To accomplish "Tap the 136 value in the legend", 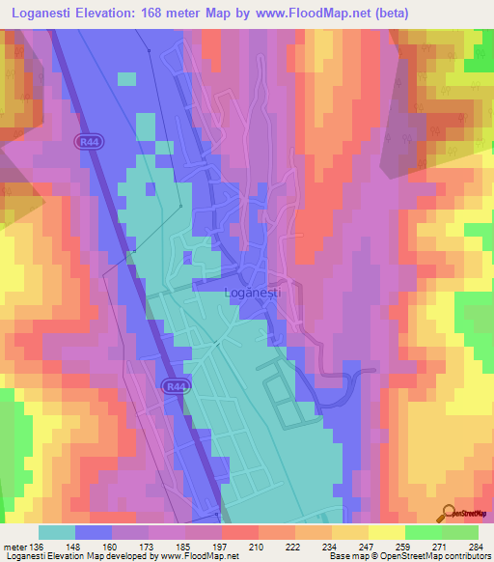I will point(38,546).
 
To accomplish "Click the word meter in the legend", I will point(14,546).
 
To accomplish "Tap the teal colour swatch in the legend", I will point(56,532).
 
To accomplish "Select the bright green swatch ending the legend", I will point(459,532).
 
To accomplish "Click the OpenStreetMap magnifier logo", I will point(448,515).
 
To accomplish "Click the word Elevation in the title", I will point(111,14).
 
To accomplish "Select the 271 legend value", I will point(442,546).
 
